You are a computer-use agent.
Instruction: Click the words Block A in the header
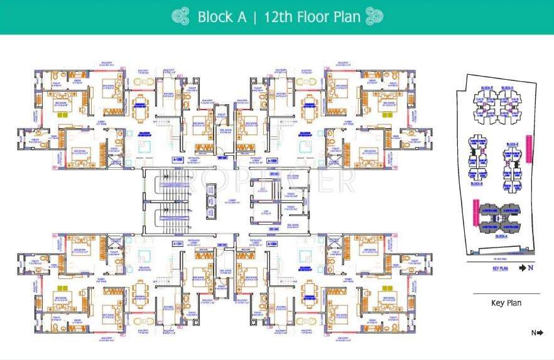point(222,17)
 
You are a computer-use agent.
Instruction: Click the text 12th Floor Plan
point(312,17)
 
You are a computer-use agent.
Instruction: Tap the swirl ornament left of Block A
point(180,17)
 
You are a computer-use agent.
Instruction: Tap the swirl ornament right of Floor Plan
point(374,16)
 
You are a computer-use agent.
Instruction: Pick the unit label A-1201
point(178,243)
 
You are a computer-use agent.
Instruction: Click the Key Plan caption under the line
point(506,303)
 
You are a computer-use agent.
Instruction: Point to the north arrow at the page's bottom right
point(538,333)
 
